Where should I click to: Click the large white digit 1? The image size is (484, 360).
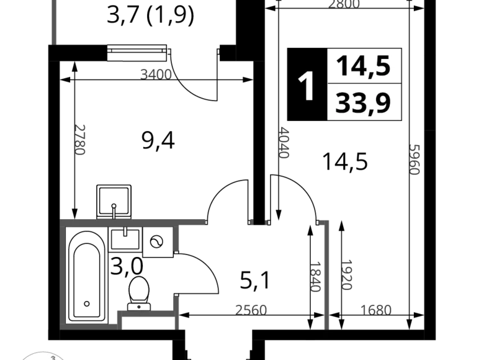pyautogui.click(x=307, y=87)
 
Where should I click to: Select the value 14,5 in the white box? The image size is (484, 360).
pyautogui.click(x=364, y=65)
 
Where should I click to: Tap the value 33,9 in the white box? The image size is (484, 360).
pyautogui.click(x=364, y=102)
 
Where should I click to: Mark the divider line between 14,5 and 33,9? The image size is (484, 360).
pyautogui.click(x=364, y=83)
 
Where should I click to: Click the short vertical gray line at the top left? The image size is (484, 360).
pyautogui.click(x=55, y=22)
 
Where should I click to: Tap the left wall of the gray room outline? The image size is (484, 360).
pyautogui.click(x=64, y=273)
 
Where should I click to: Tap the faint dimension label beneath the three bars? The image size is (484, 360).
pyautogui.click(x=375, y=310)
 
